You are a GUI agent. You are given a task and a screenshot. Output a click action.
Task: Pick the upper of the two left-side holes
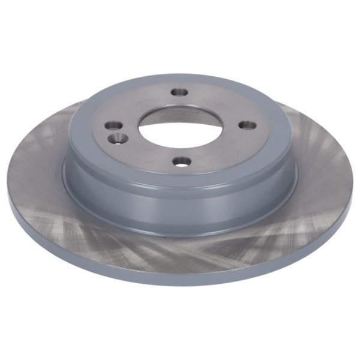pyautogui.click(x=112, y=127)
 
